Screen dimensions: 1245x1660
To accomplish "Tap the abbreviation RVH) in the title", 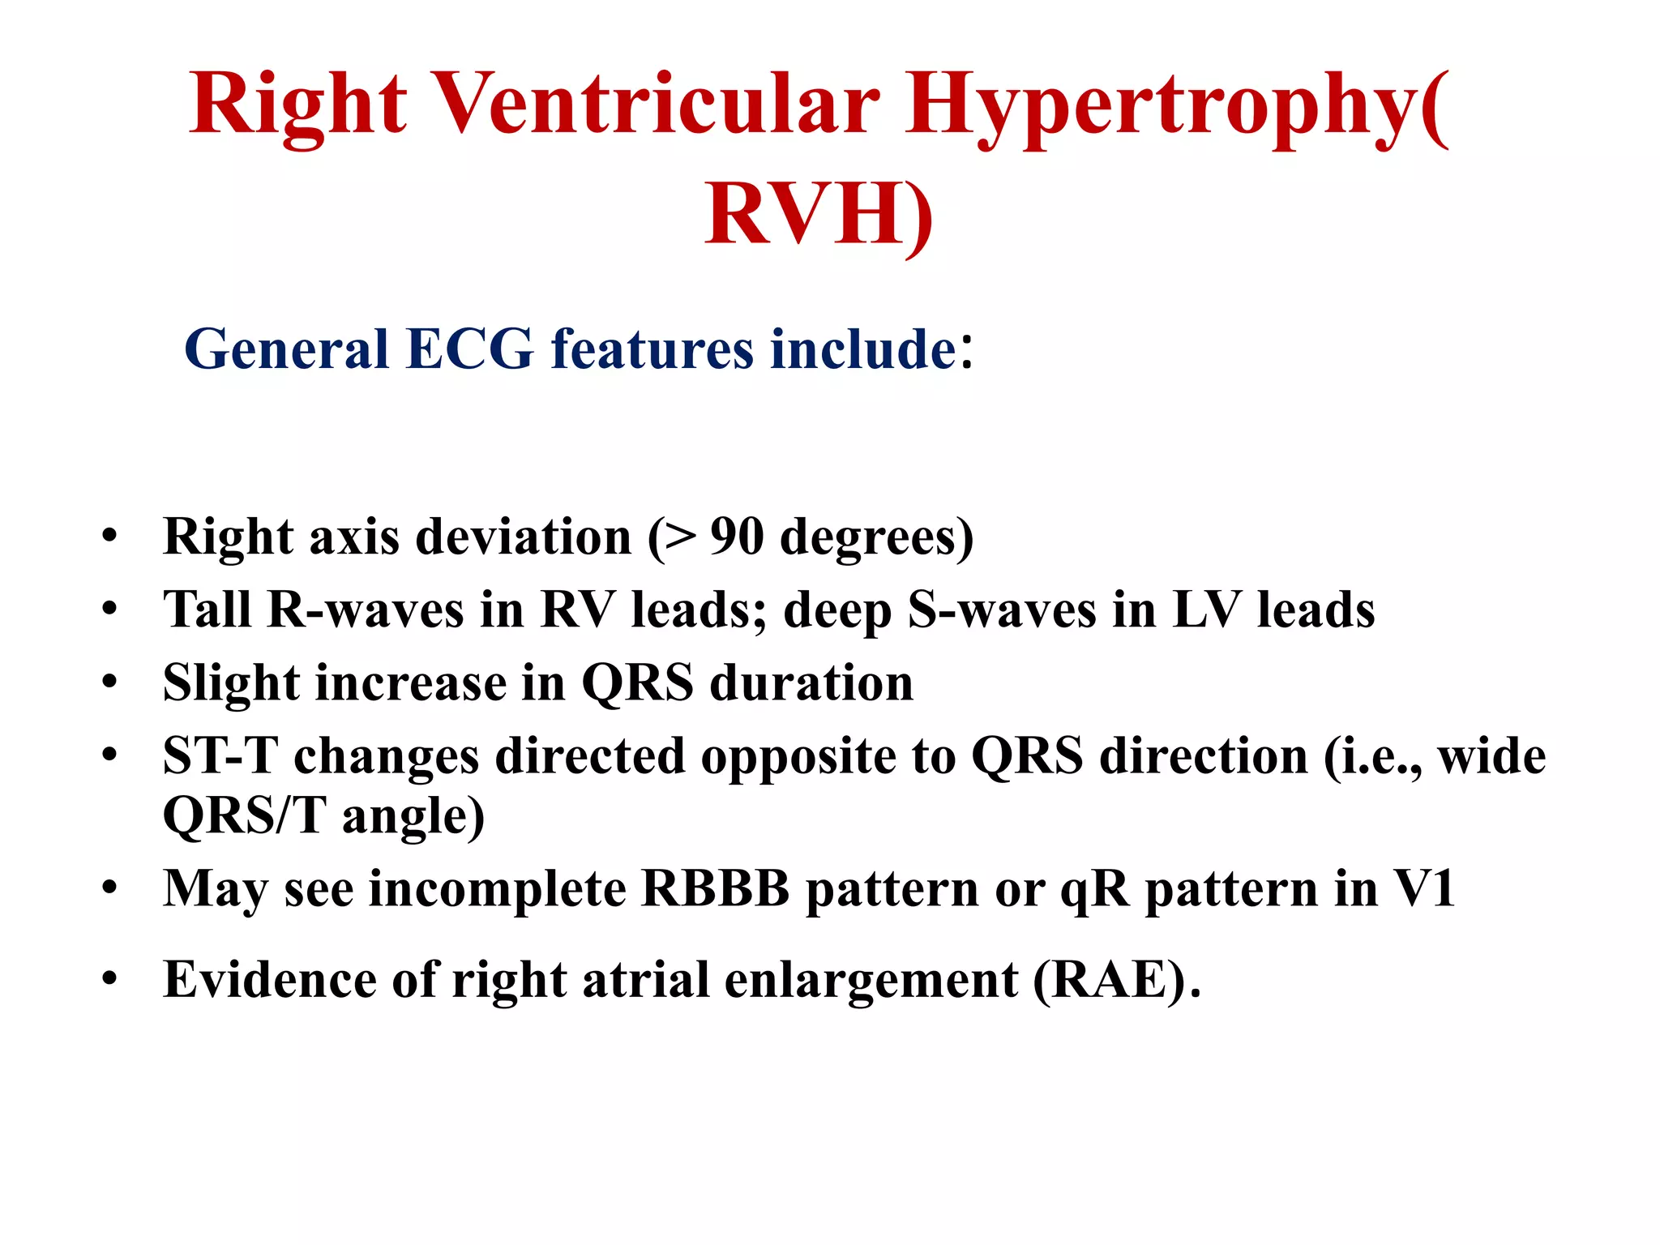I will coord(819,215).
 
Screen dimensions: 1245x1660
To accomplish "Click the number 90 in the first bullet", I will coord(737,537).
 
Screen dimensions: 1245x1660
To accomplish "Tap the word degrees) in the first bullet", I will coord(876,538).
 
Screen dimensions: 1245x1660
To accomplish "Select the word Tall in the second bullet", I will coord(207,609).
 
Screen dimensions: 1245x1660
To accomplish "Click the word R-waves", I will coord(366,610).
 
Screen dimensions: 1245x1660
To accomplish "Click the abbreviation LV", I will coord(1207,610).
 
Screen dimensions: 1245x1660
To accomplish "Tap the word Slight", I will coord(231,683).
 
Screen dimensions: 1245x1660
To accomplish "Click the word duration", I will coord(811,683).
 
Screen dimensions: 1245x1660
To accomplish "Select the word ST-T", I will coord(220,756).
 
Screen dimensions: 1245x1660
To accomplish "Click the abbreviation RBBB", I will coord(715,889).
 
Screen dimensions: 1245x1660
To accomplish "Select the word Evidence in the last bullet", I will coord(270,980).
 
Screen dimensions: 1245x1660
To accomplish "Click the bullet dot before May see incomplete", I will coord(109,889).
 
